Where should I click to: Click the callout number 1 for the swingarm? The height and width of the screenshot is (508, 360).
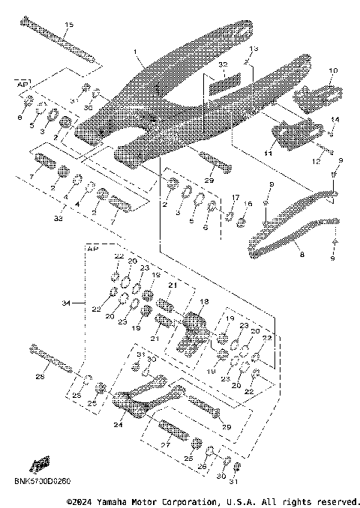136,52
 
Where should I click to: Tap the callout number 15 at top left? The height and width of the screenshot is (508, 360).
69,25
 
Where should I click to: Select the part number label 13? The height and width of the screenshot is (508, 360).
253,49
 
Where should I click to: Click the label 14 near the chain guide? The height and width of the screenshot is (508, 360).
336,120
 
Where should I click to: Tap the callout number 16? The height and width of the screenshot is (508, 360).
250,203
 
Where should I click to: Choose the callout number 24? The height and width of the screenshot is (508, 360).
117,423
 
